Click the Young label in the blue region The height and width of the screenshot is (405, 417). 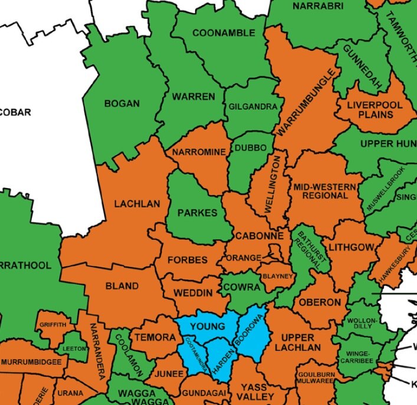[207, 326]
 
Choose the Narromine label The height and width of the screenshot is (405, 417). [199, 152]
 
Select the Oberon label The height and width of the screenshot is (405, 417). [319, 302]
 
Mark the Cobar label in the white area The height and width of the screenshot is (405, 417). [15, 112]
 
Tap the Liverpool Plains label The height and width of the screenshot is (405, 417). [370, 110]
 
